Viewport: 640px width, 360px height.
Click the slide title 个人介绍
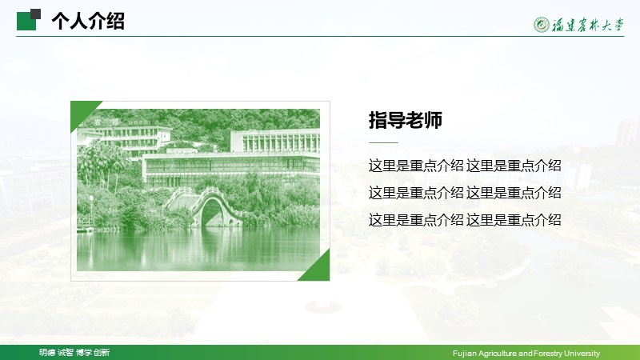point(88,21)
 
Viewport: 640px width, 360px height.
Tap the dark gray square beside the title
point(35,14)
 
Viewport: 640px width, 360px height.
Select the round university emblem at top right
point(542,25)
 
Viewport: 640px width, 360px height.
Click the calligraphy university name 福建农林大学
point(588,25)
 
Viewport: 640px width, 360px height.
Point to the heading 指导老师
point(406,120)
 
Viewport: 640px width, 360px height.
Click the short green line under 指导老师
point(383,143)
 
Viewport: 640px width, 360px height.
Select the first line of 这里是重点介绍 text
point(465,166)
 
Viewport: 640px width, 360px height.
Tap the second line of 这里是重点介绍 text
point(465,193)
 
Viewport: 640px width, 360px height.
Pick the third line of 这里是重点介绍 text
point(465,220)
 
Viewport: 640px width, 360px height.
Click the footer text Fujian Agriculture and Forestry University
point(526,353)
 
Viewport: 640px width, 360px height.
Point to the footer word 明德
point(47,352)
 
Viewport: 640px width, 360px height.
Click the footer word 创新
point(102,352)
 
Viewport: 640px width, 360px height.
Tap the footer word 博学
point(84,352)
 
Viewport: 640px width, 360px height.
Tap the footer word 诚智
point(66,352)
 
